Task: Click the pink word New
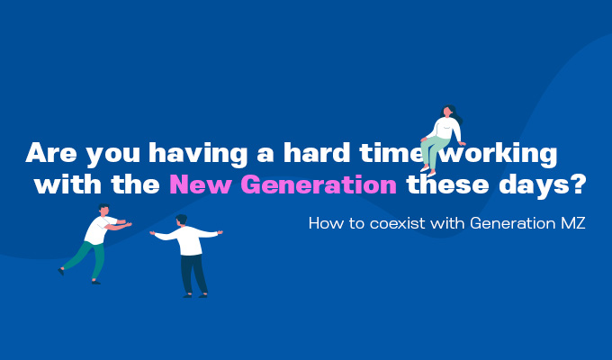pos(200,184)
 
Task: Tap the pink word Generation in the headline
pos(319,184)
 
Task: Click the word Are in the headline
pos(51,153)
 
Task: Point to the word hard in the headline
pos(317,152)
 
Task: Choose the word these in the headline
pos(447,184)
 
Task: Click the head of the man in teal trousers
pos(103,210)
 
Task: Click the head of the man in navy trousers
pos(181,220)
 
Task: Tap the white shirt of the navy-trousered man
pos(188,239)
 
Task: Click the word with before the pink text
pos(67,184)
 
